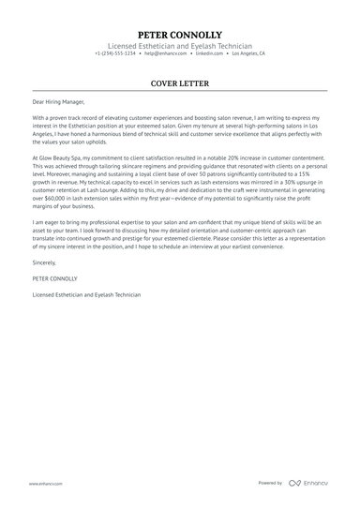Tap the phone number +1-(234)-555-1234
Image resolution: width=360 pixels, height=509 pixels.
click(114, 54)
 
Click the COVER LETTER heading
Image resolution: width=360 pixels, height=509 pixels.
click(180, 82)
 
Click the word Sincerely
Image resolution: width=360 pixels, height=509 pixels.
click(45, 264)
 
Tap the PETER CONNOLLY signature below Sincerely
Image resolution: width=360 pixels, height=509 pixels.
click(53, 279)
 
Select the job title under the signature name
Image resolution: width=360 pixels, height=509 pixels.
click(86, 294)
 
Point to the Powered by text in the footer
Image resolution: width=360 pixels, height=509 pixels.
click(269, 483)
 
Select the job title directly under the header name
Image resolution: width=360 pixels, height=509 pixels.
click(180, 45)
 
